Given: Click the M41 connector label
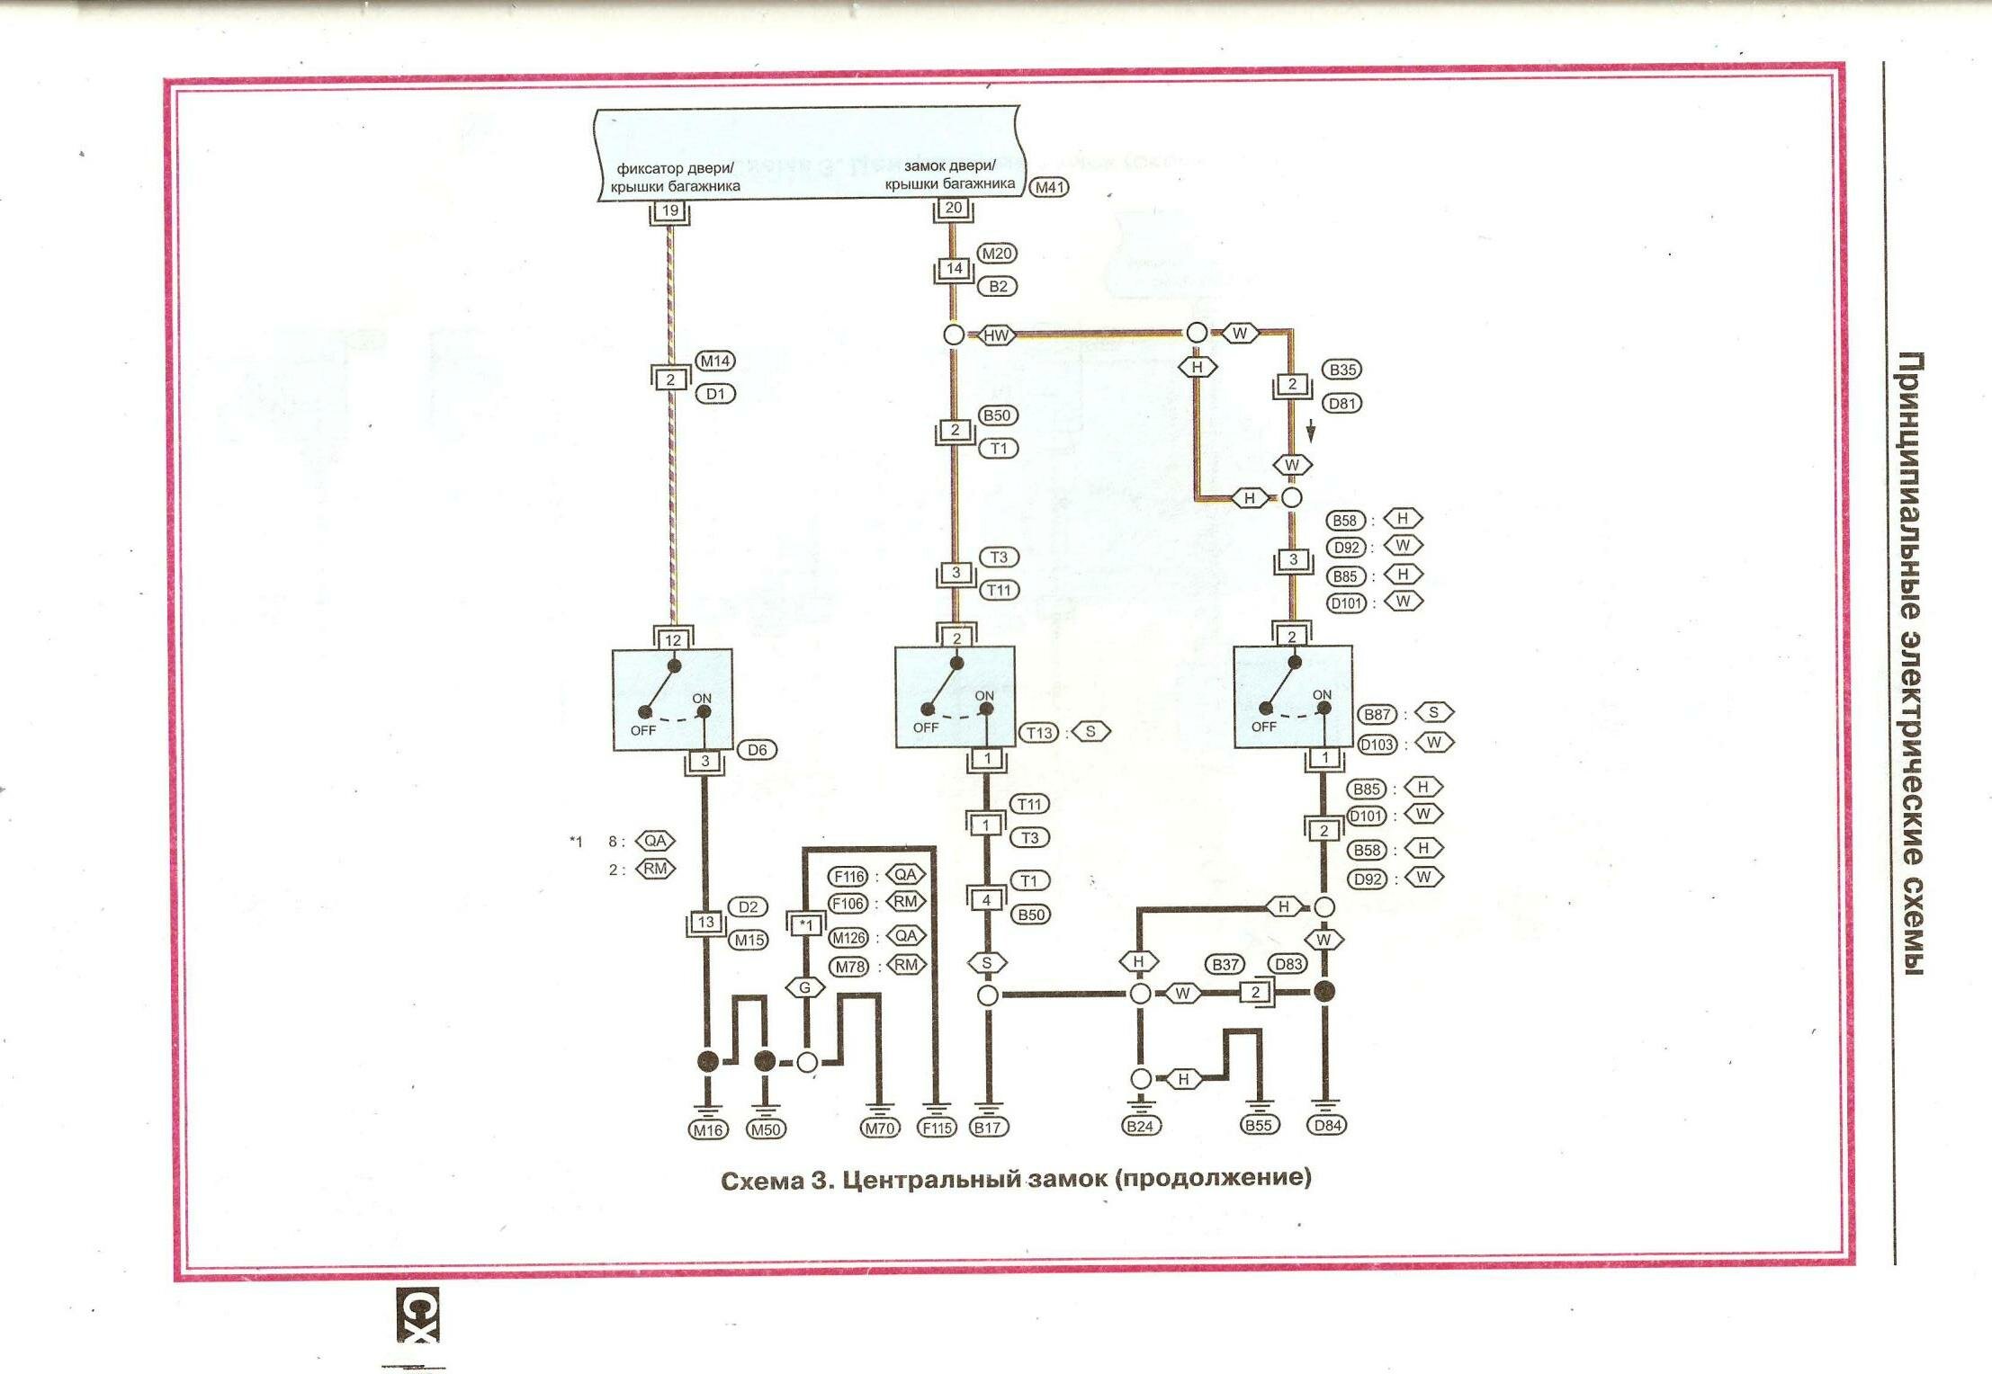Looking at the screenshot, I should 1048,187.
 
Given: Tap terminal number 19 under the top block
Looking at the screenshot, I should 669,210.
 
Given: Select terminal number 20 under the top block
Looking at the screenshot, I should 953,208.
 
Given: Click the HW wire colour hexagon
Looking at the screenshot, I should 996,335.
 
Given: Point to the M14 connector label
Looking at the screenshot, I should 715,361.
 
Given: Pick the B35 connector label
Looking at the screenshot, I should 1342,370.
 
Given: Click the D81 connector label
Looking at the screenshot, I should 1342,403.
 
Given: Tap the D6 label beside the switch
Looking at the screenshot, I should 757,749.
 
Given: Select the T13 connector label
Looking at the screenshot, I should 1039,732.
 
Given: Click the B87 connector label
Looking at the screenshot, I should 1377,714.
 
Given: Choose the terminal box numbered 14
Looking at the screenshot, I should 954,268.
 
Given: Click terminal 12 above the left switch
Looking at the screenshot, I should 673,639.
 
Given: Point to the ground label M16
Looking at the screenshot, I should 707,1129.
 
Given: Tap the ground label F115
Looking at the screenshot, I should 936,1128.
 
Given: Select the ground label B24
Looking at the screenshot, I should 1140,1125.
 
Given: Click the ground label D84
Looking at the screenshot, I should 1327,1124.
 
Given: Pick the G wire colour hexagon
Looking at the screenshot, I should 804,987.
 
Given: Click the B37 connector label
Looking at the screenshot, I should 1225,964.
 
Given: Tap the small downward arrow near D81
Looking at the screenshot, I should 1311,433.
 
